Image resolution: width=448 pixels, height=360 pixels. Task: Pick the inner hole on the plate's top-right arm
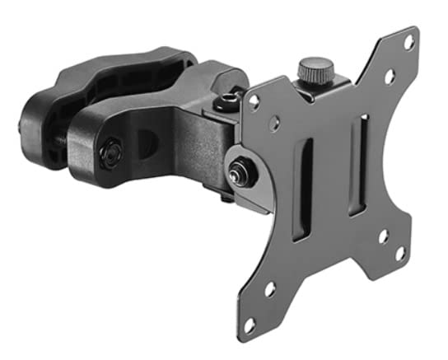point(389,77)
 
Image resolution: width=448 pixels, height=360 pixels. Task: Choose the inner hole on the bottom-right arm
point(382,236)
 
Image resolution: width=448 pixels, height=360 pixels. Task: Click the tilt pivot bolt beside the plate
point(240,172)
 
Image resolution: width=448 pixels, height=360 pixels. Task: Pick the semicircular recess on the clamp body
point(147,142)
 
